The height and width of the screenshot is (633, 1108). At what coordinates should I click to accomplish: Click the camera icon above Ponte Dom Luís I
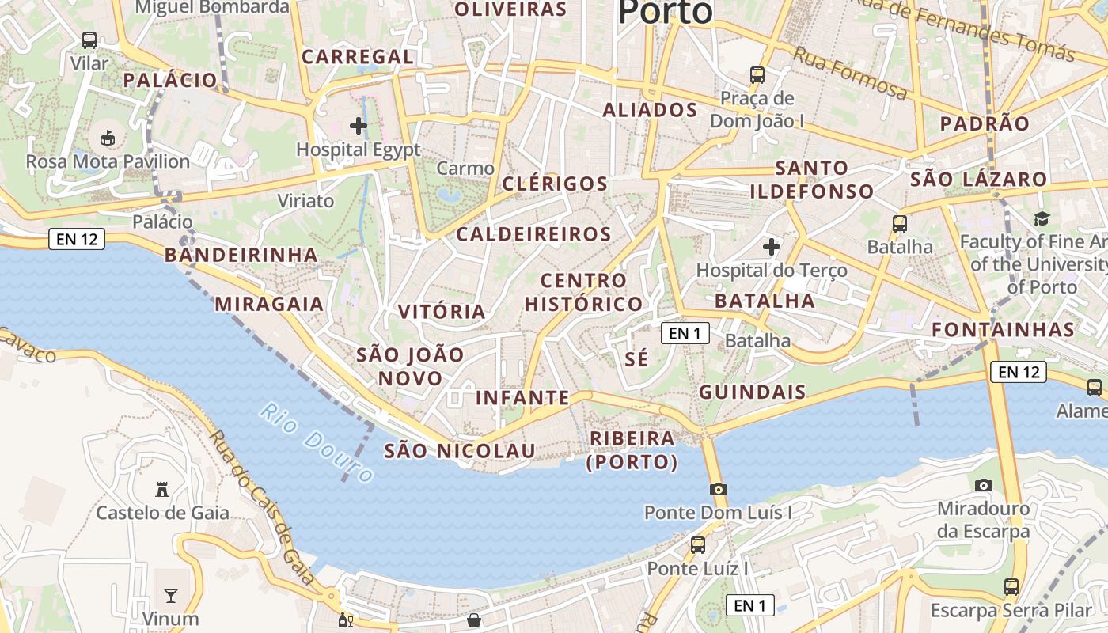click(719, 489)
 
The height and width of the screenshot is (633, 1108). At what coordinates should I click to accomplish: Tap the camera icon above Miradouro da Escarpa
click(984, 485)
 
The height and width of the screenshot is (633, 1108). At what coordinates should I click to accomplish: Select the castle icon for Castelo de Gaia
click(162, 490)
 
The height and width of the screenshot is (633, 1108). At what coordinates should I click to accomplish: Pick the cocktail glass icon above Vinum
click(171, 595)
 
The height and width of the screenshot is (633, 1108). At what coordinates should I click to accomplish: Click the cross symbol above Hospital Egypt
click(359, 125)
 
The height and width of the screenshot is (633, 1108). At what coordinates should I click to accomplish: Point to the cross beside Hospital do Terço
click(772, 248)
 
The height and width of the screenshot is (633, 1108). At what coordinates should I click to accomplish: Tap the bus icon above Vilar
click(89, 40)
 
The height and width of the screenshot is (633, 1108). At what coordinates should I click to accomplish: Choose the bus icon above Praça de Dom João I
click(757, 75)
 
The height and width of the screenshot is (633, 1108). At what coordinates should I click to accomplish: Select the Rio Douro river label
click(317, 443)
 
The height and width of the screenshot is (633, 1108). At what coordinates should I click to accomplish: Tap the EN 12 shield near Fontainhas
click(1018, 372)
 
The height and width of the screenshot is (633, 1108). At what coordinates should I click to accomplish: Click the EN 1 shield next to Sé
click(685, 333)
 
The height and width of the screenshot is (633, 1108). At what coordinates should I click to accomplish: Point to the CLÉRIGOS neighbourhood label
click(555, 184)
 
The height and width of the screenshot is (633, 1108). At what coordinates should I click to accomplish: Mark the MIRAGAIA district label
click(269, 304)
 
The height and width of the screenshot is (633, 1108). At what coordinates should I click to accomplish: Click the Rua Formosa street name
click(850, 73)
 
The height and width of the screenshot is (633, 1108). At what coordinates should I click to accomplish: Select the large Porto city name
click(665, 13)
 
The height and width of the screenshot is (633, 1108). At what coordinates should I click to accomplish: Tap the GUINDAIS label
click(753, 392)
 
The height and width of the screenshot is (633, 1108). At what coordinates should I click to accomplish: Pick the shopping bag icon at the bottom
click(474, 620)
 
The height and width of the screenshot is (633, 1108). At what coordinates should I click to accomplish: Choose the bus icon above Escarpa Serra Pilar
click(1011, 586)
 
